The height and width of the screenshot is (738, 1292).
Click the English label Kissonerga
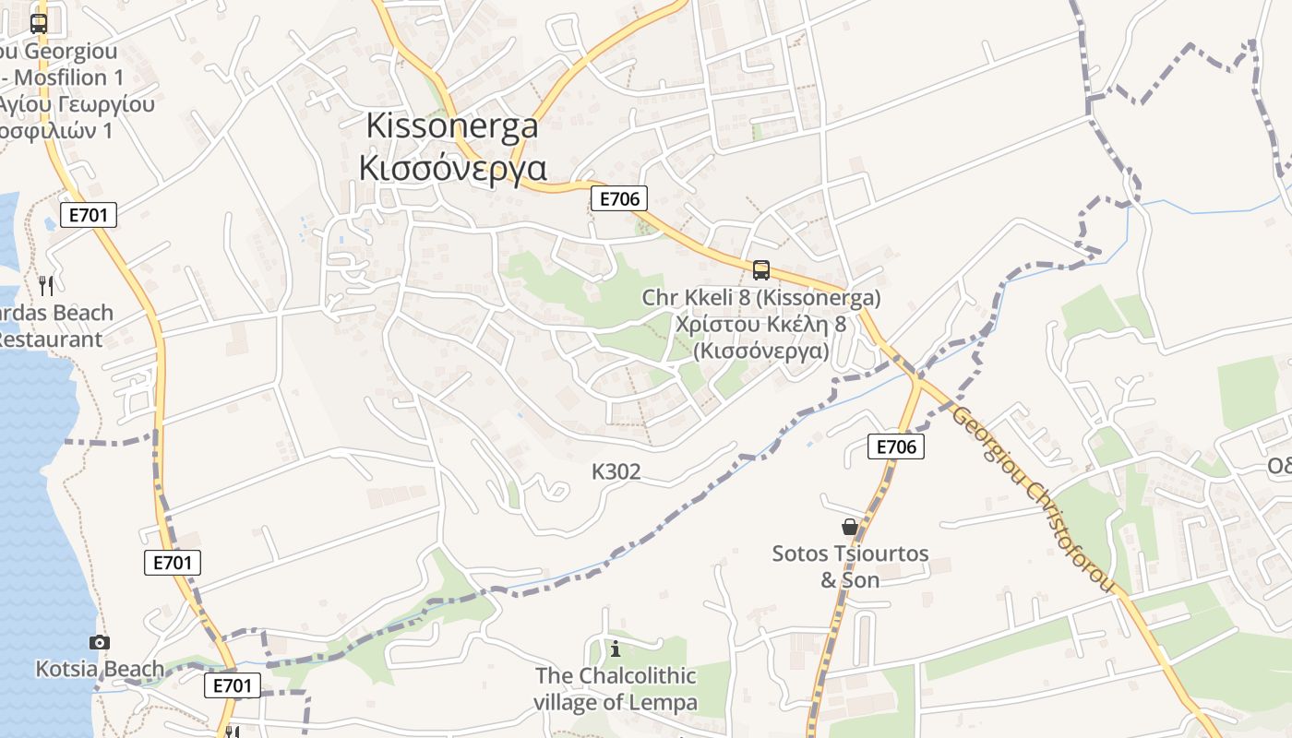click(x=452, y=125)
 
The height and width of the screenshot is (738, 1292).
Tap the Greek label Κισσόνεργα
click(x=452, y=168)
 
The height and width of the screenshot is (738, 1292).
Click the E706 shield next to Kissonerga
click(x=618, y=197)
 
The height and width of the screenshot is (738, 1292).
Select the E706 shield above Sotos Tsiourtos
click(x=895, y=446)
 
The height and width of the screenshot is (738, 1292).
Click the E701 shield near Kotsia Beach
click(x=232, y=684)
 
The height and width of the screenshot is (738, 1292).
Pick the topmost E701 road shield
click(x=89, y=216)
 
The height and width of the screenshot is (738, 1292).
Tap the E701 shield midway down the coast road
click(x=173, y=563)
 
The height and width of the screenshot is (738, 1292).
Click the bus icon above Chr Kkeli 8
click(x=761, y=269)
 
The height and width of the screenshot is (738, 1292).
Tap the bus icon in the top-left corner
click(x=39, y=24)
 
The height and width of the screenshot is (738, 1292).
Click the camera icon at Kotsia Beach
click(x=100, y=642)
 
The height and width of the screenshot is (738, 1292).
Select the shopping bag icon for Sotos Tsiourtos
click(x=849, y=527)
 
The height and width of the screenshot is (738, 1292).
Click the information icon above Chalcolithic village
click(x=616, y=649)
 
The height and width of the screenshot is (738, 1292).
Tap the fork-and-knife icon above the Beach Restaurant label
click(x=47, y=285)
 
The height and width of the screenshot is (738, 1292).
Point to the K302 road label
click(x=616, y=472)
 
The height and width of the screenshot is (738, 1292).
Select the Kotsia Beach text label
click(x=100, y=669)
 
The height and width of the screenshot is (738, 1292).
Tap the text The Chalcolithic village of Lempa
click(x=616, y=689)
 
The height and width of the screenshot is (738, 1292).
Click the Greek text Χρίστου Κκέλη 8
click(x=760, y=325)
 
